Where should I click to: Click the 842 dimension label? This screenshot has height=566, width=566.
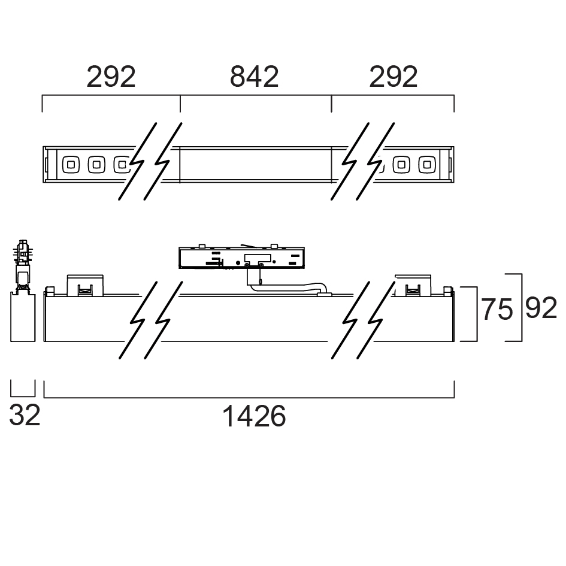click(x=254, y=77)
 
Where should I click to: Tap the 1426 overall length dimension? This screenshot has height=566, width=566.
click(x=254, y=416)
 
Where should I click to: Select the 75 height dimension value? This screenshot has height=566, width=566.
click(x=497, y=309)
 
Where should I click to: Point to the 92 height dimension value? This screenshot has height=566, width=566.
click(x=541, y=308)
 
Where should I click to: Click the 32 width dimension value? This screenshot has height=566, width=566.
click(x=24, y=415)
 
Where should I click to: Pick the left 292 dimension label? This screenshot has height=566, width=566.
click(x=111, y=77)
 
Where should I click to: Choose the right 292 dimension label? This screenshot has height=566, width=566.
click(x=393, y=77)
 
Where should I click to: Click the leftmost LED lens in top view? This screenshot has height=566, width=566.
click(x=71, y=165)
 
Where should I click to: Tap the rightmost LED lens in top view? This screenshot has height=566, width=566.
click(x=427, y=165)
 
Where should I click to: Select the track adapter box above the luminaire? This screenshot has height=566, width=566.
click(x=242, y=258)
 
